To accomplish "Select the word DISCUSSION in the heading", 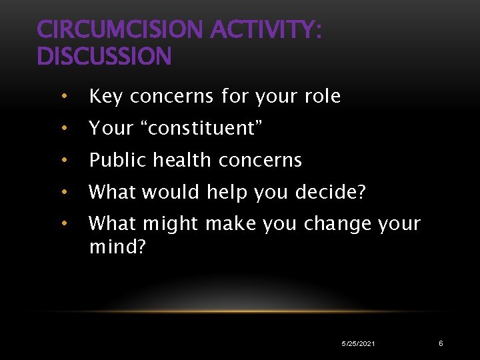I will click(x=105, y=57).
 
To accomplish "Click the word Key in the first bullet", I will click(x=106, y=97).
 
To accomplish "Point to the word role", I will click(x=323, y=97).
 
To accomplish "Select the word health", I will click(x=183, y=160).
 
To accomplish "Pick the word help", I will click(x=226, y=192).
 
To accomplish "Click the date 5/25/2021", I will click(x=358, y=343).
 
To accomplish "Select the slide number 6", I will click(x=441, y=343).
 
